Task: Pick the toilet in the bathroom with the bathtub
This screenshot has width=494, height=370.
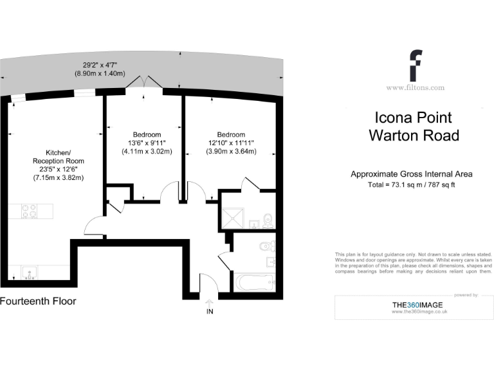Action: coord(267,245)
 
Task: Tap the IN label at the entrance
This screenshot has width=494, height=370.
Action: coord(209,312)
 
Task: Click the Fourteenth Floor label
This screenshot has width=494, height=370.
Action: coord(38,301)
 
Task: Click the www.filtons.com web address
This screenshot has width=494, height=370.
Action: coord(415,87)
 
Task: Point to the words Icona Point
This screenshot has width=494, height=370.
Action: coord(414,118)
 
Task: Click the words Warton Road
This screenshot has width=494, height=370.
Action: coord(414,136)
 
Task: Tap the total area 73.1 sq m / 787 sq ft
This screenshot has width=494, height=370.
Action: coord(412,185)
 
